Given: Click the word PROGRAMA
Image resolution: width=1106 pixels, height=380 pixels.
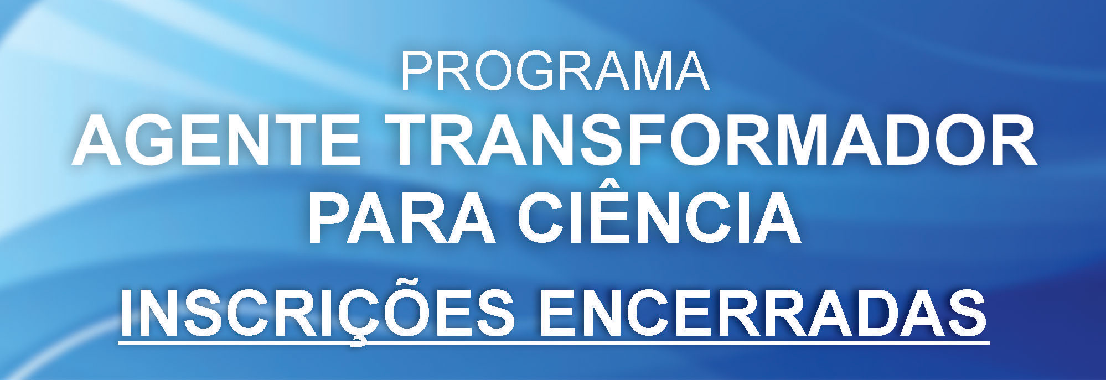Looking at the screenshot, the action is coord(554,72).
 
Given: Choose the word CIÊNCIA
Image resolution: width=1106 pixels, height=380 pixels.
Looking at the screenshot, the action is coord(659,216).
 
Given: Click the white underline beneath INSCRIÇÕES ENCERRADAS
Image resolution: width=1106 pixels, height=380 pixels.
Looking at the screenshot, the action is coord(554,343).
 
